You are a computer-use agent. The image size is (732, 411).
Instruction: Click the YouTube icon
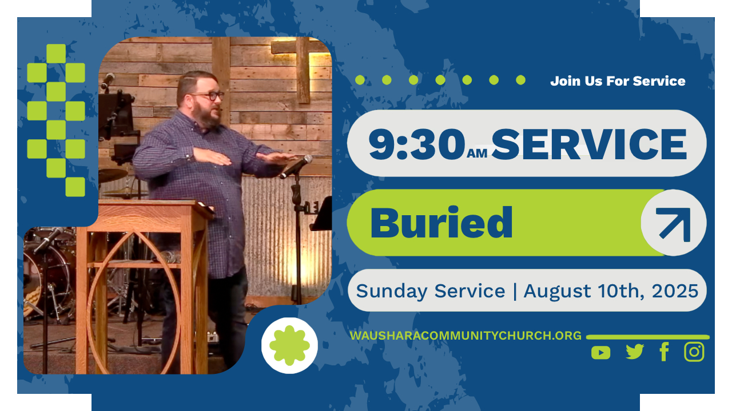point(600,353)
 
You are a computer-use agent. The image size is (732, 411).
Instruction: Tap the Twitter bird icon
point(635,352)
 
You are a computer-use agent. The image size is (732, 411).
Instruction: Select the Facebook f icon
point(664,352)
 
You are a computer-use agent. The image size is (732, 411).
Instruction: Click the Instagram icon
point(694,352)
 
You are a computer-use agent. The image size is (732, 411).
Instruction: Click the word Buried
point(441,223)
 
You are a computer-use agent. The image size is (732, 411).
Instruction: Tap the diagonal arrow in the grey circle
point(674,224)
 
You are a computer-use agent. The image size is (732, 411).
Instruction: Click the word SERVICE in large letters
point(589,144)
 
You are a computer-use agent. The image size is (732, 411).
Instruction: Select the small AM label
point(477,154)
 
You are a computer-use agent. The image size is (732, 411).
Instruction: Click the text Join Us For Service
point(618,81)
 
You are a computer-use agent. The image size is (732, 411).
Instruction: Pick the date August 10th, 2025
point(611,291)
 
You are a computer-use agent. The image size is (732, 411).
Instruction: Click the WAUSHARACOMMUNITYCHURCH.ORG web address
point(466,336)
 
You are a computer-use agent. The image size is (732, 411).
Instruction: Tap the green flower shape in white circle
point(289,345)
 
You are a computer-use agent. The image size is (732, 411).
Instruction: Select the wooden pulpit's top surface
point(151,205)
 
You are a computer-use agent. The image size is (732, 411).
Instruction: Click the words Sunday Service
point(431,291)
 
